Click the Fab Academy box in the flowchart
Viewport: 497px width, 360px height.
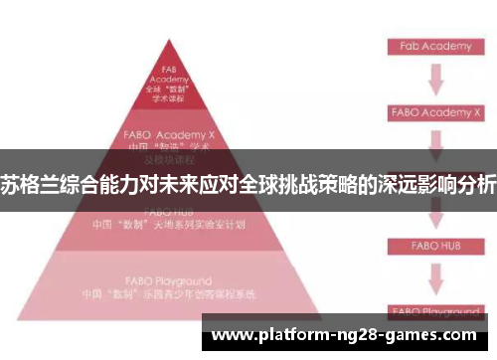click(x=436, y=46)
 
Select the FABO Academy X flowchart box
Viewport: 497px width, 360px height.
click(x=436, y=112)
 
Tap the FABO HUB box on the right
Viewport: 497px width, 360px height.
click(x=436, y=244)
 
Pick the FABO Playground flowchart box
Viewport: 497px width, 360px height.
click(x=436, y=310)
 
